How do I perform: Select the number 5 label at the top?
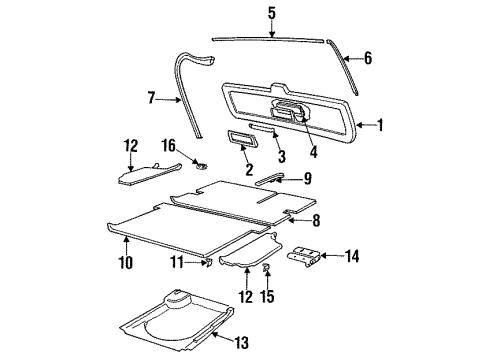[x=270, y=14]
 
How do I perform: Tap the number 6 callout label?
[x=367, y=58]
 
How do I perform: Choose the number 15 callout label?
[x=268, y=296]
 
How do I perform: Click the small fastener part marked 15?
[x=267, y=270]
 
